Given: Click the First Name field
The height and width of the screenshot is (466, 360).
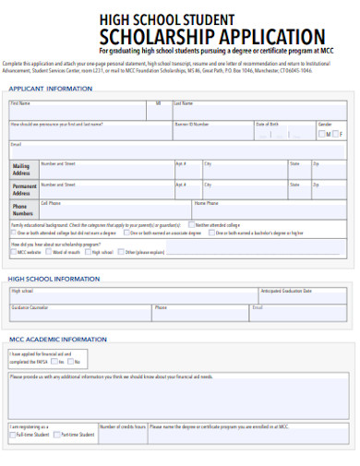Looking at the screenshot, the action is pyautogui.click(x=78, y=112).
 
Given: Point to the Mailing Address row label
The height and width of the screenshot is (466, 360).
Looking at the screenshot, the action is pyautogui.click(x=22, y=169).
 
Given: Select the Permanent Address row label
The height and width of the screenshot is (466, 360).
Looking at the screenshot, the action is pyautogui.click(x=23, y=189).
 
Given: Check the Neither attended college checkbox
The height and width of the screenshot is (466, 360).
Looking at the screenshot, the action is pyautogui.click(x=190, y=224).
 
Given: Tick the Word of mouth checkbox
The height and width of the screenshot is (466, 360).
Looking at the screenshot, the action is pyautogui.click(x=49, y=251).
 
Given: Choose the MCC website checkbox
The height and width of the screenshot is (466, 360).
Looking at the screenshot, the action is pyautogui.click(x=13, y=251).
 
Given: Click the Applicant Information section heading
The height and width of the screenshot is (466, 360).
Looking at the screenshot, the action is pyautogui.click(x=50, y=89).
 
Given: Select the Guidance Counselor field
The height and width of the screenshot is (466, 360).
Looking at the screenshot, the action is pyautogui.click(x=78, y=311).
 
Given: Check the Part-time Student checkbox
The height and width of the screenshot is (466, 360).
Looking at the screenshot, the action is pyautogui.click(x=57, y=434).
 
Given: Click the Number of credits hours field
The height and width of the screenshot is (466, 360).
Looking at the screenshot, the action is pyautogui.click(x=121, y=431).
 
